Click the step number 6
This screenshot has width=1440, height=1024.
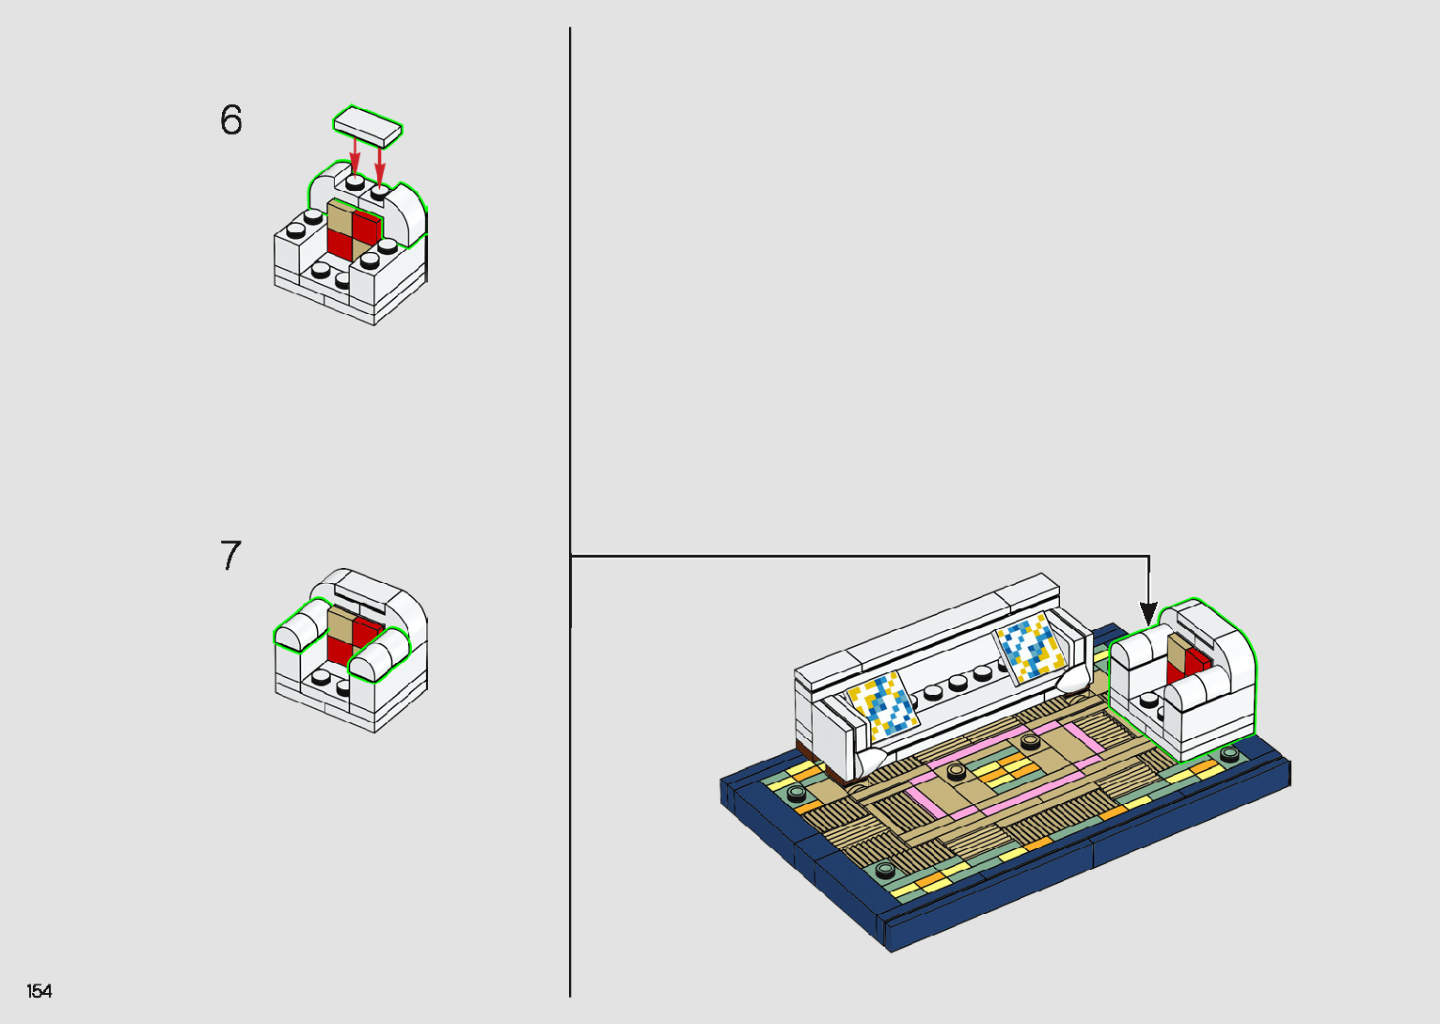pos(230,120)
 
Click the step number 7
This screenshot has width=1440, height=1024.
pos(230,556)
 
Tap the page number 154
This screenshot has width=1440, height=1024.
pos(40,991)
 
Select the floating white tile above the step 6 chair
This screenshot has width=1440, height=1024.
pos(368,127)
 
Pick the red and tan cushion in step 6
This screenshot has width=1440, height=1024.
pos(353,228)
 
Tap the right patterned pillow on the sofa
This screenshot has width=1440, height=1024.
pos(1031,646)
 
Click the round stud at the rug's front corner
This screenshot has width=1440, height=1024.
pos(885,869)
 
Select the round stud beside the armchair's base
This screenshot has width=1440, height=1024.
pos(1229,754)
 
